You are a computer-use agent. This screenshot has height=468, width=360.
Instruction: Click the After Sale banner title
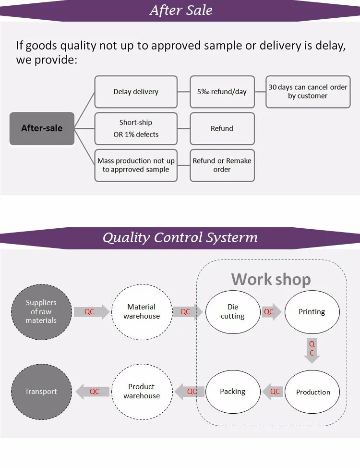[181, 10]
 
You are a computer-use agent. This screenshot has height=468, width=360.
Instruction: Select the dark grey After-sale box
[42, 128]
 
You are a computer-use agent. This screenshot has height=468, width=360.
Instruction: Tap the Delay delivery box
[136, 92]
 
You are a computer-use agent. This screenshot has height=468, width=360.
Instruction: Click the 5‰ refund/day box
[222, 92]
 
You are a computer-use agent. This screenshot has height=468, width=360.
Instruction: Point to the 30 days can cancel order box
[308, 92]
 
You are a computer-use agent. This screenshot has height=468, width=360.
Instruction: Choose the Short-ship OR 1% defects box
[136, 129]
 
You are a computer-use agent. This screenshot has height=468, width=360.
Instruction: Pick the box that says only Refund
[222, 129]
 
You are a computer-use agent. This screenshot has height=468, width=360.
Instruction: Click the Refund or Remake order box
[222, 165]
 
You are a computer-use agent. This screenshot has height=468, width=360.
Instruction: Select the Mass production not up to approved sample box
[136, 165]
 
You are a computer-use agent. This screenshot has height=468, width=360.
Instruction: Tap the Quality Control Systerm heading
[180, 237]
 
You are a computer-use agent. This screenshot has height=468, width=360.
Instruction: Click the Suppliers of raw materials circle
[41, 312]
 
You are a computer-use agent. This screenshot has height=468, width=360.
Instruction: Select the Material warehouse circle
[142, 312]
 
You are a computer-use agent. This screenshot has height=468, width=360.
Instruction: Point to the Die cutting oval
[233, 312]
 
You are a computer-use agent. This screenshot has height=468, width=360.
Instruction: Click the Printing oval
[312, 312]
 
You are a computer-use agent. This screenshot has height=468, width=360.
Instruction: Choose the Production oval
[312, 392]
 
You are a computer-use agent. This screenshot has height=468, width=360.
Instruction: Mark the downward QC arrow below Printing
[312, 351]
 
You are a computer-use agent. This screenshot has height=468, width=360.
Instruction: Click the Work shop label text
[271, 280]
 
